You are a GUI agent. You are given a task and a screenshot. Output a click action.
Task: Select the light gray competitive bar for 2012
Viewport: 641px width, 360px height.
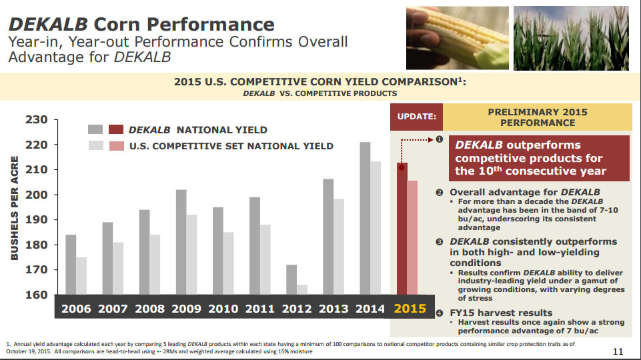pos(302,290)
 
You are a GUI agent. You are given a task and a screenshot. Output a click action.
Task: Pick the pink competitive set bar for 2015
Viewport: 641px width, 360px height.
pos(413,237)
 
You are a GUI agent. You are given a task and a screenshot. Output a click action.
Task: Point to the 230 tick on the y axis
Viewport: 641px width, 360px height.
pos(37,120)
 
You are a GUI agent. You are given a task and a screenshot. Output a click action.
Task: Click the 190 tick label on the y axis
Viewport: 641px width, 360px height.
pos(37,220)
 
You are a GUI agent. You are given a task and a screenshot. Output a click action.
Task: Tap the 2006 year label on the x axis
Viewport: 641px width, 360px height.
pos(76,309)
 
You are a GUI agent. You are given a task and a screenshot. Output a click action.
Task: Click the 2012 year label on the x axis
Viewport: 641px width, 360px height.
pos(297,309)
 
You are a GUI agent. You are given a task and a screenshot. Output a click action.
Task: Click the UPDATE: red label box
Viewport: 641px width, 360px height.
pos(416,117)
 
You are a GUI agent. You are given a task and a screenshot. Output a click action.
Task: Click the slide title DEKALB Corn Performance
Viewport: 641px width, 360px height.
pos(141,25)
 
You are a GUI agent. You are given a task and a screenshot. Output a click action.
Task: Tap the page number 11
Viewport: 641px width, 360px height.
pos(618,351)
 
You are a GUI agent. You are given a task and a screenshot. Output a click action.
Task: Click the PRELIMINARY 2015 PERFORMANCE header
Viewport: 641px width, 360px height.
pos(537,117)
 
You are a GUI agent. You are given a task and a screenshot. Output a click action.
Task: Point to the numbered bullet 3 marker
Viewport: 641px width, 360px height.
pos(440,241)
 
